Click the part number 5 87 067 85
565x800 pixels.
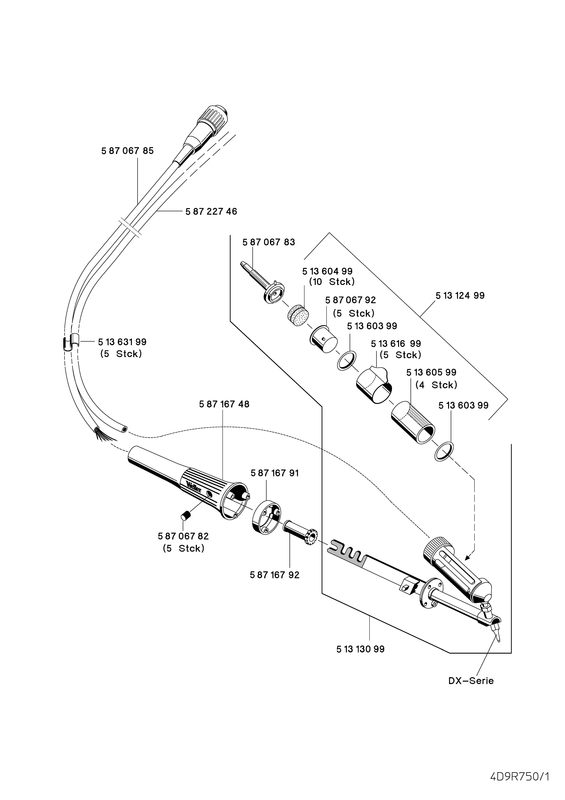tap(128, 151)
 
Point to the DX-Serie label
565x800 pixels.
tap(471, 690)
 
